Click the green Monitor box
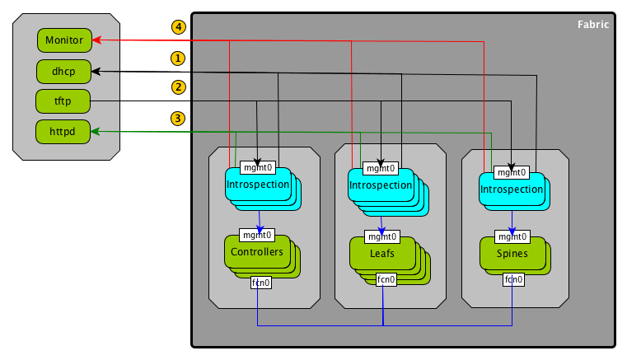[x=63, y=40]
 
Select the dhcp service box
[x=63, y=72]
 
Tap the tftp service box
[x=63, y=101]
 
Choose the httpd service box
[x=63, y=131]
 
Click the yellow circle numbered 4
[x=178, y=26]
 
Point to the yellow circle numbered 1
[x=178, y=58]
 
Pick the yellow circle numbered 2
[x=178, y=86]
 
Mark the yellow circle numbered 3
[x=178, y=118]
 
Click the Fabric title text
[x=593, y=25]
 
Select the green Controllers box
[x=257, y=251]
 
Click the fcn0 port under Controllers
[x=260, y=284]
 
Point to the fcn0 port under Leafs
[x=386, y=279]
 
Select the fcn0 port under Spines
[x=513, y=279]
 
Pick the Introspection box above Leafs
[x=380, y=185]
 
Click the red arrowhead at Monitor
[x=96, y=40]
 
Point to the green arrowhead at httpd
[x=96, y=131]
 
